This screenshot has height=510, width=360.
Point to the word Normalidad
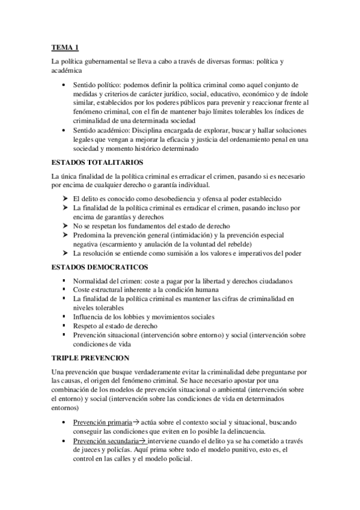click(93, 281)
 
